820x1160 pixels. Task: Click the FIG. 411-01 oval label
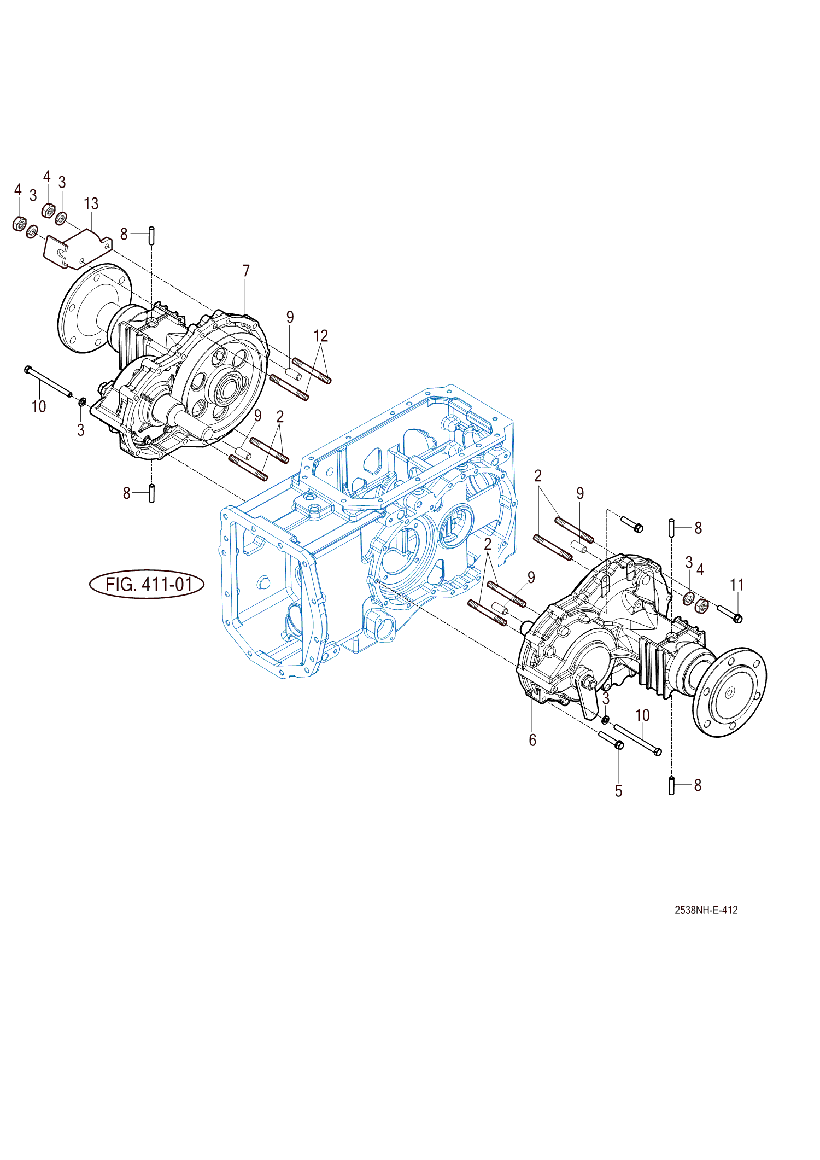[x=147, y=584]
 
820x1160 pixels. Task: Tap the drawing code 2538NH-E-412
[x=706, y=910]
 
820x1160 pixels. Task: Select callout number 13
[x=91, y=204]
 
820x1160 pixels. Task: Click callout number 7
[x=246, y=271]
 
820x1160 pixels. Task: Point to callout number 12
[x=320, y=336]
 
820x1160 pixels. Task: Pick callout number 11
[x=737, y=585]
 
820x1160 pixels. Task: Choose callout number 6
[x=532, y=740]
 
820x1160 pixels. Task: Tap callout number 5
[x=618, y=791]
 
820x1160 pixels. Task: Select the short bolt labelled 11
[x=729, y=614]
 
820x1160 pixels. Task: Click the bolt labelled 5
[x=611, y=739]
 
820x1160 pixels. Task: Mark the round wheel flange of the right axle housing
[x=730, y=692]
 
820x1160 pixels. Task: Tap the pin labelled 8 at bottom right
[x=671, y=785]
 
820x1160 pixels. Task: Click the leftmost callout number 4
[x=17, y=190]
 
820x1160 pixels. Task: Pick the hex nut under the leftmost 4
[x=19, y=224]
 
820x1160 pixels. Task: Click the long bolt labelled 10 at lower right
[x=637, y=739]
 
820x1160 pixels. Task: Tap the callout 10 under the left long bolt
[x=39, y=406]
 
